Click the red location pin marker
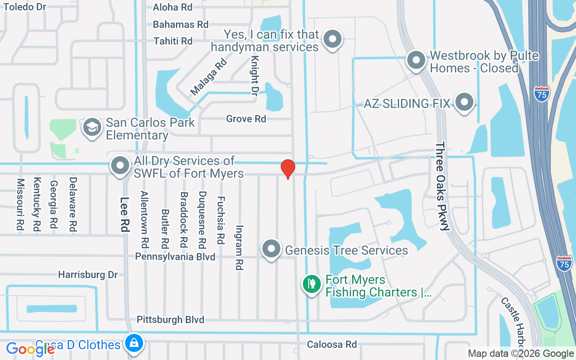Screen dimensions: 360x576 [x=288, y=169]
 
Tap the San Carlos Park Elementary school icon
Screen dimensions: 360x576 [x=92, y=128]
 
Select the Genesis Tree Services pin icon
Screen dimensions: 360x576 [x=271, y=249]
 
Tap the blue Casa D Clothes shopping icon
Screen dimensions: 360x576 [x=134, y=343]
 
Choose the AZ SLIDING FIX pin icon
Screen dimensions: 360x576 [x=464, y=103]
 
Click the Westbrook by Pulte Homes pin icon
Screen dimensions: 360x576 [x=416, y=60]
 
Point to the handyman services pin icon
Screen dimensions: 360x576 [x=333, y=40]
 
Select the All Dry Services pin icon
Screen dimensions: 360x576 [x=120, y=166]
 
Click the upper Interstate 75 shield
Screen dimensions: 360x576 [x=542, y=94]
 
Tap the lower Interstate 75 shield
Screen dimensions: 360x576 [x=564, y=263]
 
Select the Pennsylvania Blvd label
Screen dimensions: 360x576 [x=175, y=256]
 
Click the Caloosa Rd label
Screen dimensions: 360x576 [x=332, y=344]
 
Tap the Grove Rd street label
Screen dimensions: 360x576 [x=246, y=119]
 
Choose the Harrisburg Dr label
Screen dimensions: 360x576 [x=88, y=274]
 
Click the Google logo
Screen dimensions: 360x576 [x=31, y=349]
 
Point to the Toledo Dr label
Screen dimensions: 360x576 [x=25, y=7]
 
